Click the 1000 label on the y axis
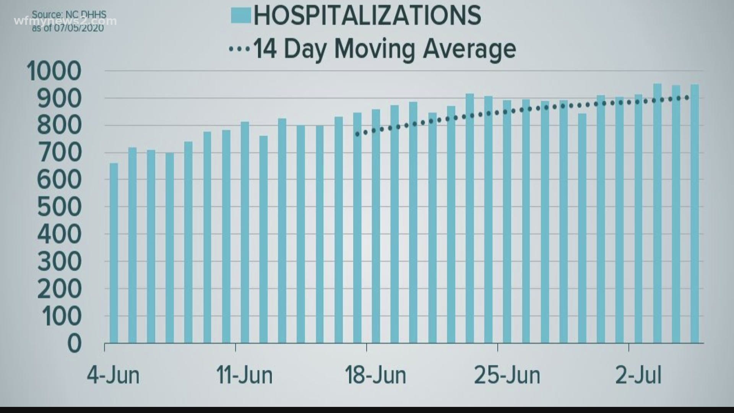pyautogui.click(x=54, y=71)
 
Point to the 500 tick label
pyautogui.click(x=59, y=207)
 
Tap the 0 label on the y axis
pyautogui.click(x=75, y=343)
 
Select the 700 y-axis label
pyautogui.click(x=59, y=153)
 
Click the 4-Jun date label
pyautogui.click(x=113, y=376)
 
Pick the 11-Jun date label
pyautogui.click(x=245, y=376)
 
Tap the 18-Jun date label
pyautogui.click(x=375, y=376)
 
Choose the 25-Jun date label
pyautogui.click(x=507, y=376)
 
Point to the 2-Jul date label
pyautogui.click(x=638, y=376)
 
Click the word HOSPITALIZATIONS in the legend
pyautogui.click(x=367, y=16)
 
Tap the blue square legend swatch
pyautogui.click(x=241, y=16)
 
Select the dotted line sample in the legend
pyautogui.click(x=239, y=49)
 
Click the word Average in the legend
pyautogui.click(x=469, y=49)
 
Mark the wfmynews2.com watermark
pyautogui.click(x=65, y=21)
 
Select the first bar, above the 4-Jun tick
pyautogui.click(x=114, y=252)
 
